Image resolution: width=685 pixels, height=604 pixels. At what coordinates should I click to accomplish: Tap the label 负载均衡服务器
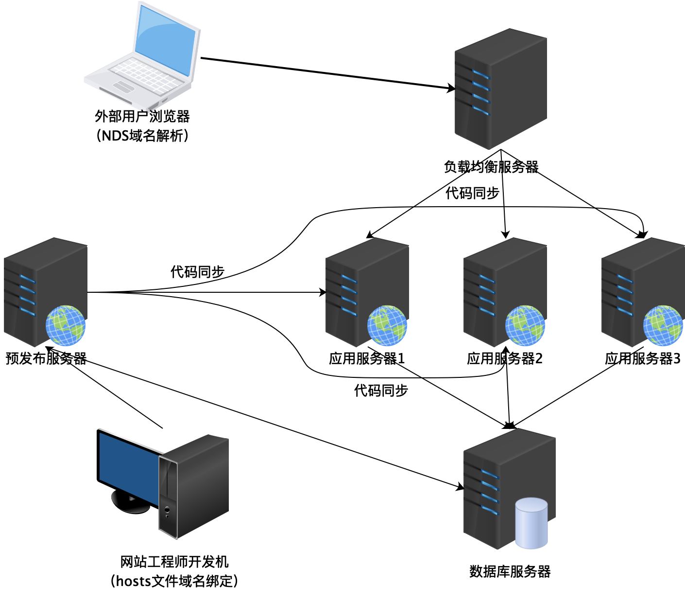(491, 167)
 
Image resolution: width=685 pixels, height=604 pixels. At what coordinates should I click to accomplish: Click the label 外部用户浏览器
(142, 116)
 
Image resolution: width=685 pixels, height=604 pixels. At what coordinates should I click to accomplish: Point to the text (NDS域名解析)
(142, 135)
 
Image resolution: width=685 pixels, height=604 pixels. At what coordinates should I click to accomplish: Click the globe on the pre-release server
(65, 325)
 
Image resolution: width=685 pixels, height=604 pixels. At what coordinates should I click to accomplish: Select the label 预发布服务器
(46, 358)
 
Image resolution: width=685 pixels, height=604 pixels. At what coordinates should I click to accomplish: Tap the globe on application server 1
(387, 325)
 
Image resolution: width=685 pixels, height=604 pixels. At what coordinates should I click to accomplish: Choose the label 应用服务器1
(367, 358)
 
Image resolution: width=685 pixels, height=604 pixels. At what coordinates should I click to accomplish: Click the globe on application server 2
(525, 325)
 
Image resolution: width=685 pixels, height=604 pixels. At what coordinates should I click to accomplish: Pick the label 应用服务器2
(505, 358)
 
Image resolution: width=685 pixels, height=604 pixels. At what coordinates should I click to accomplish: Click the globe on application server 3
(663, 325)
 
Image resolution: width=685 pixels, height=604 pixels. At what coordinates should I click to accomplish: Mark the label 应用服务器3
(643, 358)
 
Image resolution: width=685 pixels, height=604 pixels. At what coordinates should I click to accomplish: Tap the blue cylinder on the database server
(531, 523)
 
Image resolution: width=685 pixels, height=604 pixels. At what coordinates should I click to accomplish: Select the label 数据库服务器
(510, 571)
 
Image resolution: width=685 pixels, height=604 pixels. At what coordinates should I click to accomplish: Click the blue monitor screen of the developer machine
(127, 467)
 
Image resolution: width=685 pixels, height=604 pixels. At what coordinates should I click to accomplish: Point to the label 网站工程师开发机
(174, 562)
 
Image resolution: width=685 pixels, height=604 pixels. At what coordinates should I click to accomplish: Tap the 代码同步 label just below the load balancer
(472, 193)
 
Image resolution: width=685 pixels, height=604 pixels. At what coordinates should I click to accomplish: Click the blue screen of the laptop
(165, 41)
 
